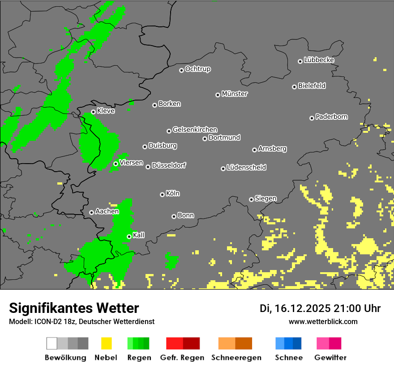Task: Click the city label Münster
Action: (235, 94)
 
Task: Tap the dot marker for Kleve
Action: (93, 112)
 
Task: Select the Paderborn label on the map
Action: (332, 117)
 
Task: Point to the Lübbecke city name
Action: (319, 60)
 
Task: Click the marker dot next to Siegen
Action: (251, 199)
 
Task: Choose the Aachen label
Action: (107, 211)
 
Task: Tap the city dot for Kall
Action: (129, 236)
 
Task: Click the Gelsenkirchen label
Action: (195, 130)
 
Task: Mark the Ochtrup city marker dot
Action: (181, 70)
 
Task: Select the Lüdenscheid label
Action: (246, 168)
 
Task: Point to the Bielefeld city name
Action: (312, 86)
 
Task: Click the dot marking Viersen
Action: (116, 164)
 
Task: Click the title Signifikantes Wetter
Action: (74, 308)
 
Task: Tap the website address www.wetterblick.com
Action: (323, 321)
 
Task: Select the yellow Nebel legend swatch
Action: (106, 343)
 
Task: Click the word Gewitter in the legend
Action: (330, 358)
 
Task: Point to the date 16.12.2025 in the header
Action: (304, 308)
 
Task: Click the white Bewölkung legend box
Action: (52, 343)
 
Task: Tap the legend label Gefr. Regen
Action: (182, 358)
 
